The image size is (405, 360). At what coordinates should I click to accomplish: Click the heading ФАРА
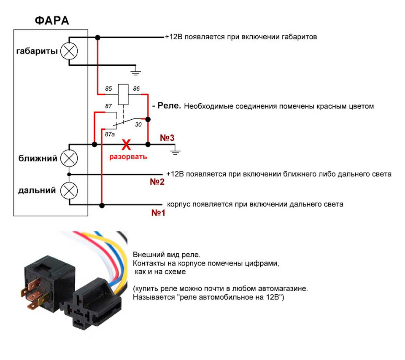(x=52, y=21)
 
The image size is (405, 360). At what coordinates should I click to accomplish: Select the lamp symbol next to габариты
(x=69, y=51)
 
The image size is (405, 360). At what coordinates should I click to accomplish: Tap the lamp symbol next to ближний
(x=69, y=158)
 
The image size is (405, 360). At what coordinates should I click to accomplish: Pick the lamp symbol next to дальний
(x=69, y=191)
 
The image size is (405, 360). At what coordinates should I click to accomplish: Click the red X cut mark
(x=126, y=145)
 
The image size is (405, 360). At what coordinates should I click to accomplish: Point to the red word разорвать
(x=128, y=157)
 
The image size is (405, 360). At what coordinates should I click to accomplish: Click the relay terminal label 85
(x=108, y=89)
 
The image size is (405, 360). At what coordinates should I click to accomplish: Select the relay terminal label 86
(x=136, y=89)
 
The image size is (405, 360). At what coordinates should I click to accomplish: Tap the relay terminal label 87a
(x=110, y=134)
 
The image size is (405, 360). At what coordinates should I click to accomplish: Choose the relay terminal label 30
(x=138, y=125)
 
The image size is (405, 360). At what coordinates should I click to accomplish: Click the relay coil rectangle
(x=123, y=94)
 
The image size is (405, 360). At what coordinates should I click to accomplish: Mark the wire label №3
(x=167, y=138)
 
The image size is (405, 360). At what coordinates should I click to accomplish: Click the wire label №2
(x=157, y=182)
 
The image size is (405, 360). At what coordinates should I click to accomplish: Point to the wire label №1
(x=158, y=212)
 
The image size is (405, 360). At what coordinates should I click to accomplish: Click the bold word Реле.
(x=169, y=105)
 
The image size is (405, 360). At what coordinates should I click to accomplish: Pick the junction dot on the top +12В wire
(x=97, y=38)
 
